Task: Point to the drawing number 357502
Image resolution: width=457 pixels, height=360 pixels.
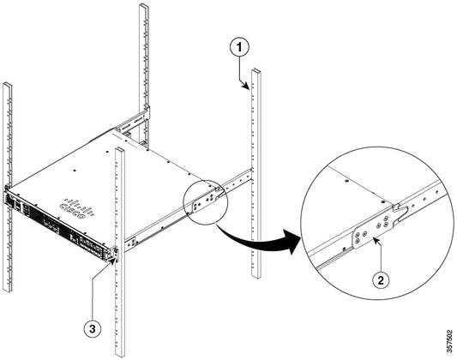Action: tap(449, 337)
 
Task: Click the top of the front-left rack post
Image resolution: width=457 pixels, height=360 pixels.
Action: tap(7, 86)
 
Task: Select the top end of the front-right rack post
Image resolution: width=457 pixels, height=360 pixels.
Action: tap(120, 152)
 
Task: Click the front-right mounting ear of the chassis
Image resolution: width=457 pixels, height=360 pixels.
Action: tap(114, 251)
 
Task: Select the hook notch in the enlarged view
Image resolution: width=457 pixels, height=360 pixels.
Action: tap(401, 207)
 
